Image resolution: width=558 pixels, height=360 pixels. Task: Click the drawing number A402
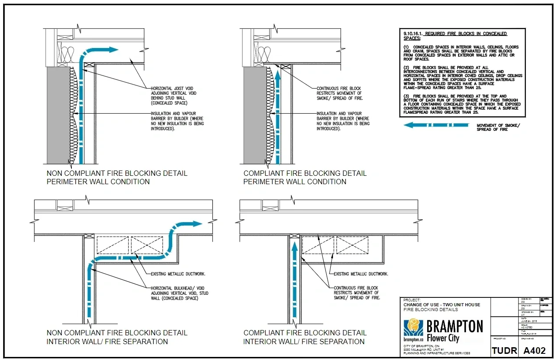coord(534,350)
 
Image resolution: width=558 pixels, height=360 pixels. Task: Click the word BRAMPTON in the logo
coord(455,327)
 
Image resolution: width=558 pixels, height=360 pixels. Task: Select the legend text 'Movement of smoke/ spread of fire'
coord(498,127)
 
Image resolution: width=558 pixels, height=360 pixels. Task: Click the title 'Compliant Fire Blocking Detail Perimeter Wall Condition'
coord(305,178)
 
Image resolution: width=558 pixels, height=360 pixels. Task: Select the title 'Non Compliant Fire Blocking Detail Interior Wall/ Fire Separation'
coord(117,337)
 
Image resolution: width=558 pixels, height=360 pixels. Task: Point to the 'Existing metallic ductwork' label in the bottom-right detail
coord(361,274)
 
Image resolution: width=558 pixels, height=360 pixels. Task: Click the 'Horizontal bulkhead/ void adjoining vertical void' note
coord(179,293)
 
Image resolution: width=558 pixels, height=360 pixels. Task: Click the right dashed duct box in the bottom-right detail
coord(352,245)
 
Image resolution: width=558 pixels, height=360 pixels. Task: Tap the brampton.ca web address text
coord(413,340)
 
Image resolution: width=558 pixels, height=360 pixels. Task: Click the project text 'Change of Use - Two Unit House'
coord(442,304)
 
